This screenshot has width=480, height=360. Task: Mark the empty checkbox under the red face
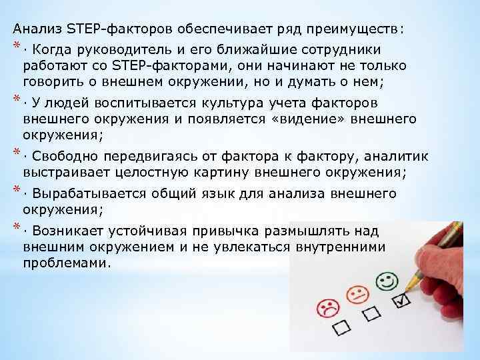click(x=344, y=327)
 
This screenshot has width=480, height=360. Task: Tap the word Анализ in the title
click(x=37, y=29)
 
